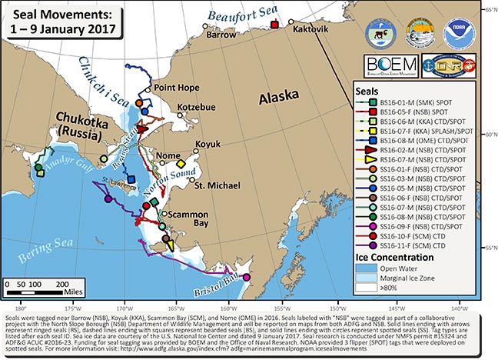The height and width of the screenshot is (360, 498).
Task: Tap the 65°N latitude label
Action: pos(489,8)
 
